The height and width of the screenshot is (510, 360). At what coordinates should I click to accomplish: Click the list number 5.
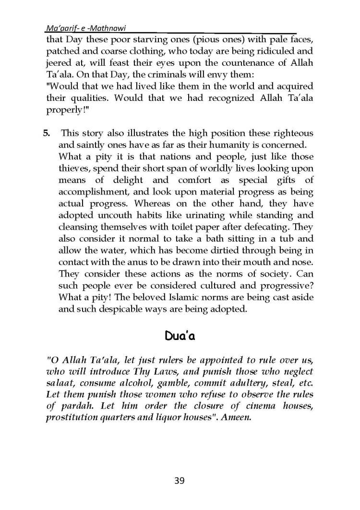(47, 133)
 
